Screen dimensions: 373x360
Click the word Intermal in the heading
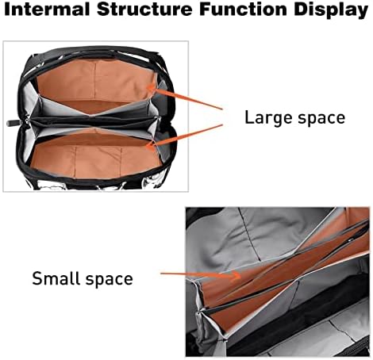[47, 10]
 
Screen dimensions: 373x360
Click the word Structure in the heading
[144, 10]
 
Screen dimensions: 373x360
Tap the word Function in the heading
[244, 10]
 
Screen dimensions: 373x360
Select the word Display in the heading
[331, 10]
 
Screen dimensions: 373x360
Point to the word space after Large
[321, 119]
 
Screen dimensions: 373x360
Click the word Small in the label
[56, 278]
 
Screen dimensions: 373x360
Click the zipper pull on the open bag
[13, 123]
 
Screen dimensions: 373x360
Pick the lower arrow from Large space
[184, 136]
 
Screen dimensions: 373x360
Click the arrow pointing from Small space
[201, 275]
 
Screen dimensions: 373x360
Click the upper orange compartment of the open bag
[95, 81]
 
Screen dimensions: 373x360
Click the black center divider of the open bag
[94, 121]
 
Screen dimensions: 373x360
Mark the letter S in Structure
[103, 10]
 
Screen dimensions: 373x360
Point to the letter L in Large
[249, 117]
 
